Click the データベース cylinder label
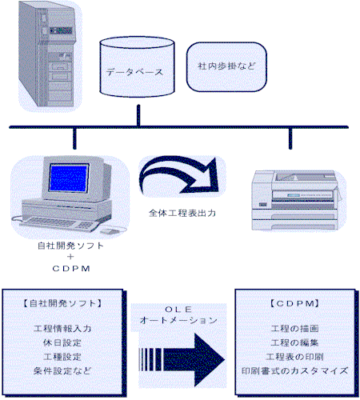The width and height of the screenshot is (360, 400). point(134,72)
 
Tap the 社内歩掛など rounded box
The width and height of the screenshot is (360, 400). point(226,67)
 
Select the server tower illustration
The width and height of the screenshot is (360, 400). point(47,54)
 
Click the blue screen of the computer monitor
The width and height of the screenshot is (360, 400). point(69,178)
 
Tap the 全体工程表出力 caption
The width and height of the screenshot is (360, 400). point(182,213)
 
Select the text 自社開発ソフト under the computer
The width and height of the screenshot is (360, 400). point(70,246)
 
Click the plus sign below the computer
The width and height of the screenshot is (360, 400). point(70,257)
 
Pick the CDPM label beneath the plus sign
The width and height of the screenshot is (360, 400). point(71,268)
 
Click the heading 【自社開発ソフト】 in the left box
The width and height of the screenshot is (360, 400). point(62,303)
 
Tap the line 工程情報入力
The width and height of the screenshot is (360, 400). point(62,329)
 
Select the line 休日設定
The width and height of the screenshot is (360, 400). point(62,342)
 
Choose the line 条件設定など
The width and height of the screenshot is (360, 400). point(62,370)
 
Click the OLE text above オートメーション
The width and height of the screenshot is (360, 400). point(178,310)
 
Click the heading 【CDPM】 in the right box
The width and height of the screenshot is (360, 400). point(294,303)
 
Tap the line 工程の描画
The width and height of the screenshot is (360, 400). point(294,329)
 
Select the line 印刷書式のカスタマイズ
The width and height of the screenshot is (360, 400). point(294,370)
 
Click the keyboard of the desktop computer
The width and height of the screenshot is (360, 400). point(58,223)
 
